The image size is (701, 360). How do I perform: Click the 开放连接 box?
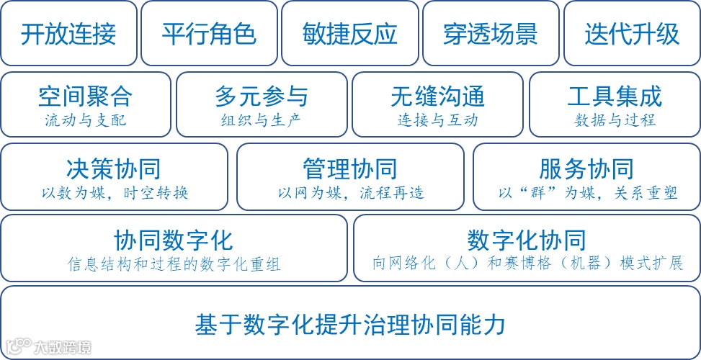[x=68, y=34]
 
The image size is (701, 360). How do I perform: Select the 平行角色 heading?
[x=209, y=34]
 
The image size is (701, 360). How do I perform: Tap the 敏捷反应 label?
[x=350, y=34]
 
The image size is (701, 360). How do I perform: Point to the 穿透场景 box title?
[x=491, y=34]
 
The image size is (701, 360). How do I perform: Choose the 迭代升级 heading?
[x=632, y=34]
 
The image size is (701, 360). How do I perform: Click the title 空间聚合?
[x=85, y=97]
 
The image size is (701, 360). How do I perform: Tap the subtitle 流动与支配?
[x=85, y=120]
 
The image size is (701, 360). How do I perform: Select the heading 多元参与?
[x=262, y=97]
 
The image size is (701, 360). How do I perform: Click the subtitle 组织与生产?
[x=262, y=120]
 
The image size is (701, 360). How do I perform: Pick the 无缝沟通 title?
[x=438, y=97]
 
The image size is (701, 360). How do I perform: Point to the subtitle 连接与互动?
[x=438, y=120]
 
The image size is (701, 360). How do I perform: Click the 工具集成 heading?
[x=615, y=97]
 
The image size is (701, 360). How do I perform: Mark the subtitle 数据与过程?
[x=615, y=120]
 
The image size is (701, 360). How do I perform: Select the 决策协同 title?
[x=113, y=169]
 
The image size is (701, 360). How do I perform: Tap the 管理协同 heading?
[x=350, y=169]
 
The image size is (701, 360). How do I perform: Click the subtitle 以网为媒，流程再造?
[x=350, y=192]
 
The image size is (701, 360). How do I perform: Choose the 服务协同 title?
[x=586, y=169]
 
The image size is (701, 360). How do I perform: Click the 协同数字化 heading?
[x=174, y=240]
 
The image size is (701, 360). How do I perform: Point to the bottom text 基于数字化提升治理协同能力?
[x=350, y=324]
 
